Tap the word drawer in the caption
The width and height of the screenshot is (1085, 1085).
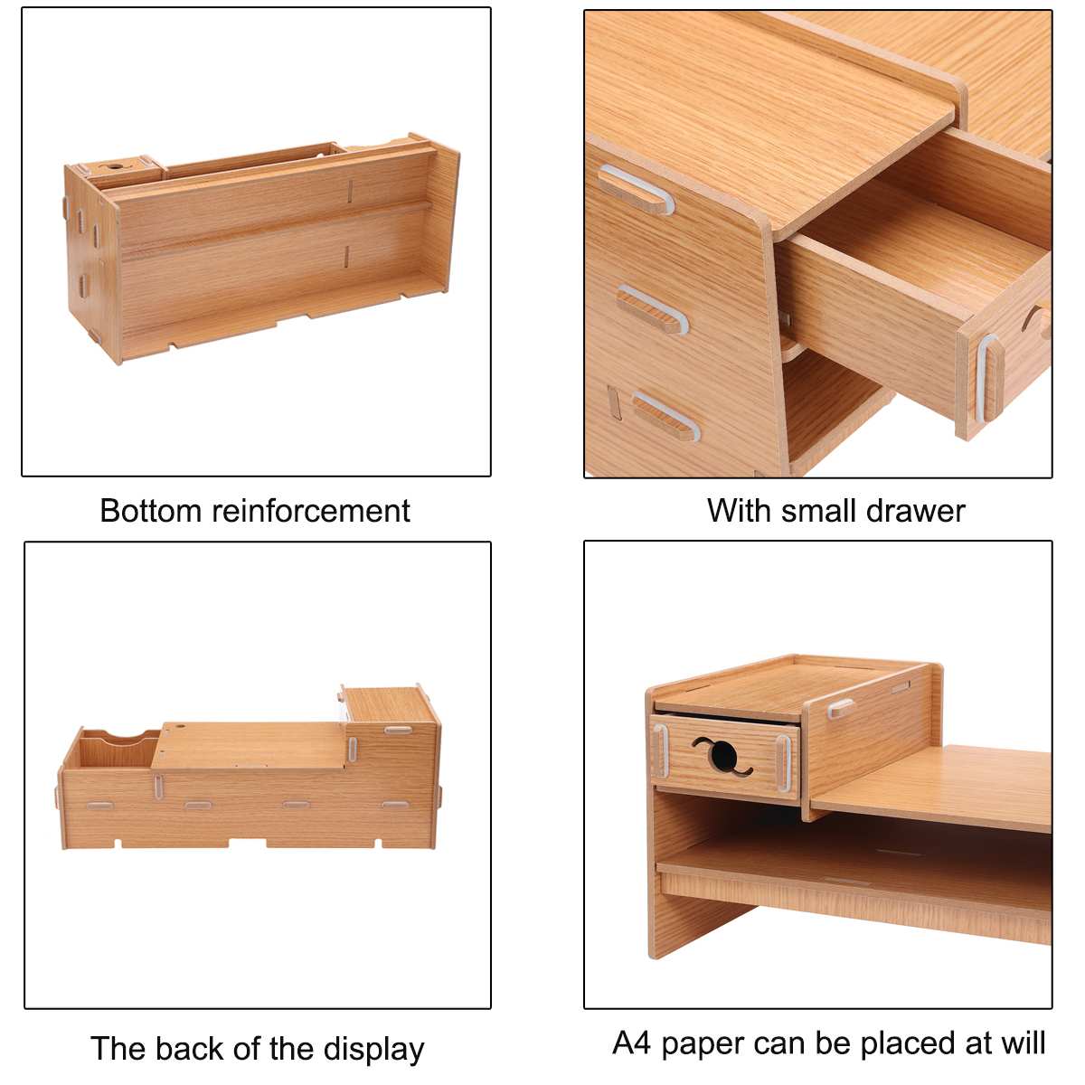(x=915, y=511)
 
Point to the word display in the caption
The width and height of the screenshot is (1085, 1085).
(x=374, y=1049)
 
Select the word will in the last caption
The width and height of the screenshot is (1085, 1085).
(x=1022, y=1043)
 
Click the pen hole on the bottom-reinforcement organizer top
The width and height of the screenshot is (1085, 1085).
(x=115, y=167)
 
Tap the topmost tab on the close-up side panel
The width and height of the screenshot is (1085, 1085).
(x=637, y=188)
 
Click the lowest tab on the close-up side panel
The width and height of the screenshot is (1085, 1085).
(x=667, y=415)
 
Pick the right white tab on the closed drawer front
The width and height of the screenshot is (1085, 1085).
(x=783, y=760)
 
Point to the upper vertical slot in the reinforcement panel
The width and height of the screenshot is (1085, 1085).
(x=350, y=191)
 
